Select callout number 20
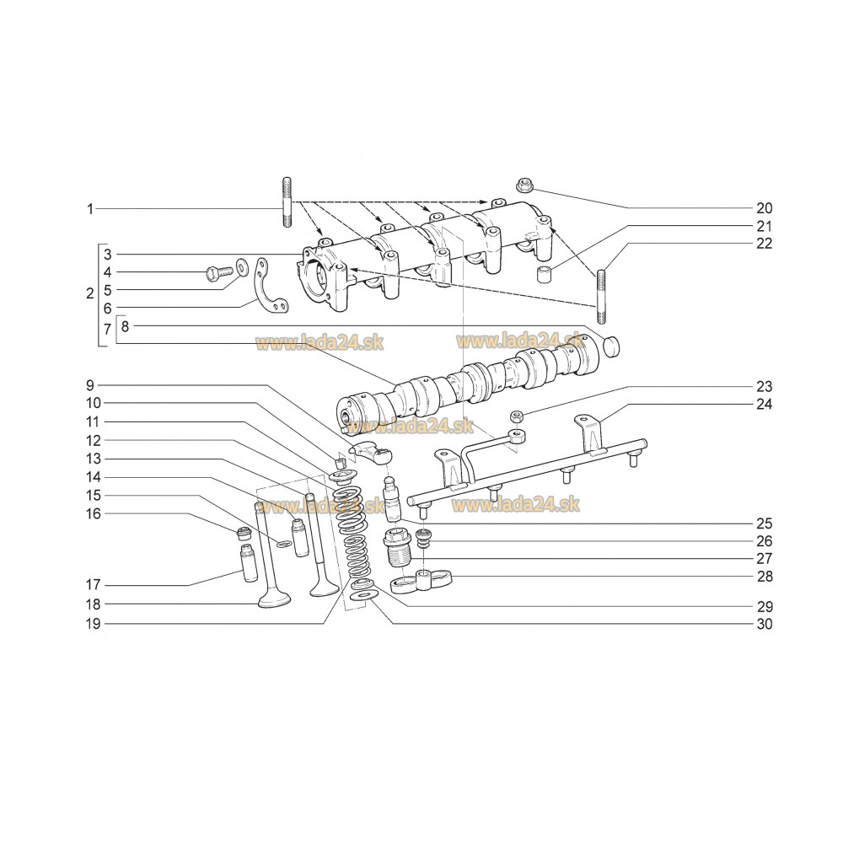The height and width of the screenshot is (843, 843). pos(764,208)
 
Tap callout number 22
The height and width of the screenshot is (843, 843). pos(764,244)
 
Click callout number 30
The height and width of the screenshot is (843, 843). pos(764,625)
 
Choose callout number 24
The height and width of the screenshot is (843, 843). pos(764,404)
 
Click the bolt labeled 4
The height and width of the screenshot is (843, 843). pos(218,272)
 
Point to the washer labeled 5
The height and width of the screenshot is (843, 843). pos(242,267)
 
